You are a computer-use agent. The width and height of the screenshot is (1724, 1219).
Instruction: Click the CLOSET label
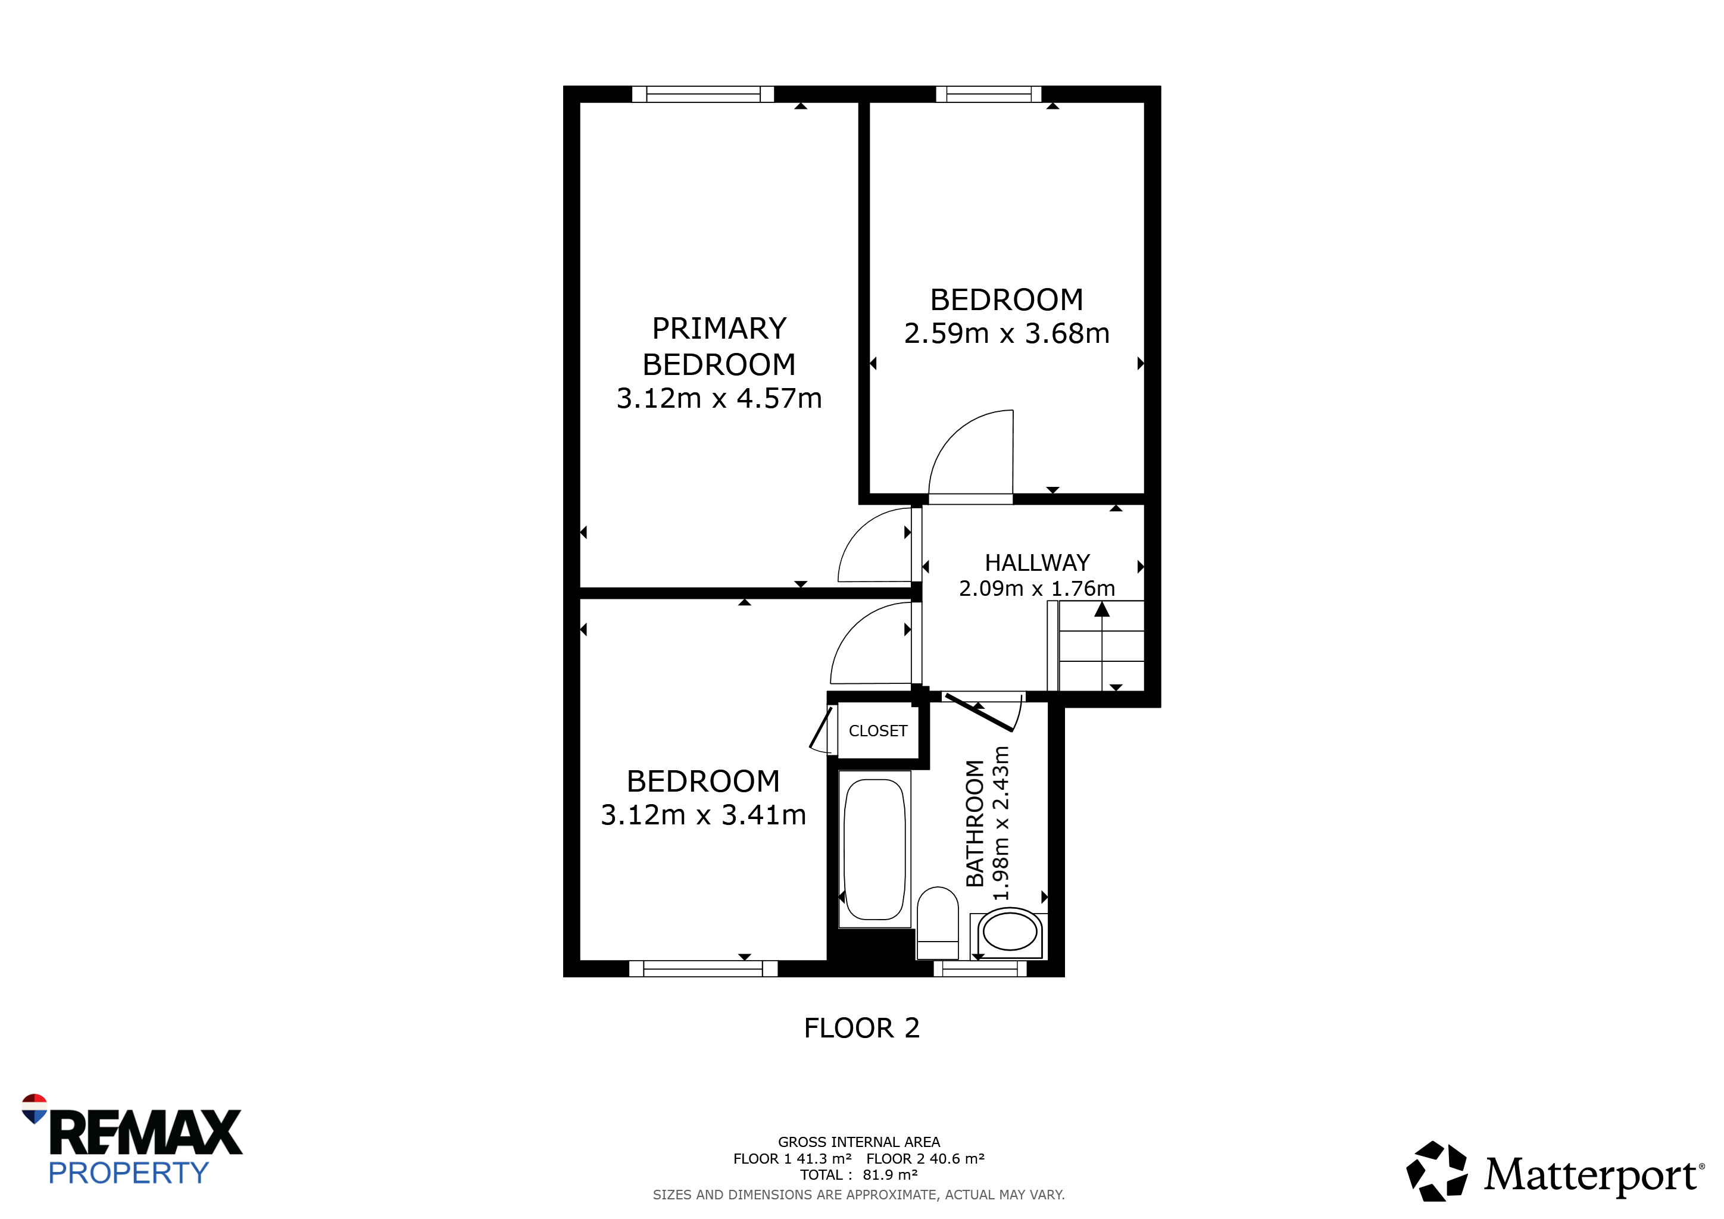[x=877, y=731]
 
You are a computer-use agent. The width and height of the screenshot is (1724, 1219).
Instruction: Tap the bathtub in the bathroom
[x=874, y=849]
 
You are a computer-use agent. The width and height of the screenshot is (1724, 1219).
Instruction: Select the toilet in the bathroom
[x=938, y=923]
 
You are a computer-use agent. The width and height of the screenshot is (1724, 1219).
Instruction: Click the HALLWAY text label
[x=1037, y=563]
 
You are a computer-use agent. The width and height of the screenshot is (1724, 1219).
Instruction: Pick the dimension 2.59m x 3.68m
[x=1007, y=333]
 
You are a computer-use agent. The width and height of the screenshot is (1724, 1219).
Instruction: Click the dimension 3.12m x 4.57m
[x=719, y=398]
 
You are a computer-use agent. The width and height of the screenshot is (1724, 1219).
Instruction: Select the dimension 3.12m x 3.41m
[x=704, y=814]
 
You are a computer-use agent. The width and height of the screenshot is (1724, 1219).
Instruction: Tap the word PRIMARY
[x=719, y=329]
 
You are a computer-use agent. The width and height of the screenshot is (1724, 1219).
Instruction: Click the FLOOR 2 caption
[x=862, y=1027]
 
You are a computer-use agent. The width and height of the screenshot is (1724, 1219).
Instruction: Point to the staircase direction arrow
[x=1101, y=646]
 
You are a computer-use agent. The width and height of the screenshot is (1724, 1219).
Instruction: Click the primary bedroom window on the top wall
[x=703, y=94]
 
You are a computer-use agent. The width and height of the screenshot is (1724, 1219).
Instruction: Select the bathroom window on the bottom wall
[x=980, y=968]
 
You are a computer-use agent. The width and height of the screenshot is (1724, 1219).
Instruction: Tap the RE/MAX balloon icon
[x=35, y=1108]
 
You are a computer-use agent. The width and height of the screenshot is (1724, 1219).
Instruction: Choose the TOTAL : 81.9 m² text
[x=859, y=1175]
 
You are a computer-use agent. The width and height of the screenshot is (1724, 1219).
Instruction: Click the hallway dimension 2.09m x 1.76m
[x=1037, y=589]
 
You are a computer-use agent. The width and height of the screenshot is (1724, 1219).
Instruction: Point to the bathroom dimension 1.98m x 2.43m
[x=1001, y=823]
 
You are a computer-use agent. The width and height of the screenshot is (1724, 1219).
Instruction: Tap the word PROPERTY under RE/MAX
[x=129, y=1173]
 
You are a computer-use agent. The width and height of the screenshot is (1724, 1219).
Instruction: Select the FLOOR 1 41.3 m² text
[x=793, y=1158]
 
